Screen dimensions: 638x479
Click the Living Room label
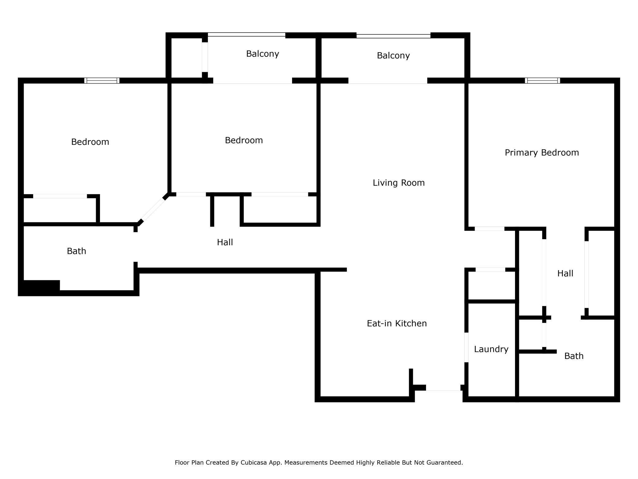coord(398,183)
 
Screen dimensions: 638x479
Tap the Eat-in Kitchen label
coord(397,323)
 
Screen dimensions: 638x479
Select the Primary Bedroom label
coord(542,153)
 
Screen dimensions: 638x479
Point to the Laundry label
coord(491,349)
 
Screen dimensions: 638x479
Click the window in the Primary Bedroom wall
coord(542,81)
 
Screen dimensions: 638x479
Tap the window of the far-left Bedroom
coord(102,81)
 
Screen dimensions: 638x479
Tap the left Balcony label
coord(263,54)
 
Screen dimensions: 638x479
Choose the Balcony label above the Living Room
coord(393,56)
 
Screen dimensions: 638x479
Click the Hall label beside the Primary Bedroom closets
coord(565,274)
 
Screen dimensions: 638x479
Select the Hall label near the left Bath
coord(225,243)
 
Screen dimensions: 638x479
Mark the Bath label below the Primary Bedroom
coord(574,356)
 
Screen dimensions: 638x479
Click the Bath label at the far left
coord(76,251)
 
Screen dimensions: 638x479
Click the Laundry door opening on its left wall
coord(466,347)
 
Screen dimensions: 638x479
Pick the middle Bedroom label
coord(244,141)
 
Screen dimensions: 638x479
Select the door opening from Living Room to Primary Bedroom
coord(490,229)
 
